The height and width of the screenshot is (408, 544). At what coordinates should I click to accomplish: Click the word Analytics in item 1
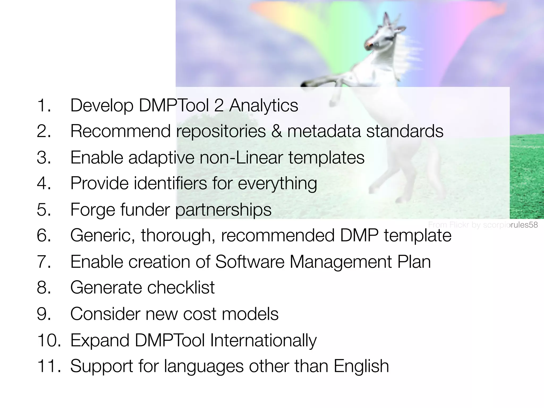(263, 105)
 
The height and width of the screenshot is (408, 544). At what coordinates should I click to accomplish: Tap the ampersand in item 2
(277, 131)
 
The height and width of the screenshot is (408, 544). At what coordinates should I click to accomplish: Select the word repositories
(221, 131)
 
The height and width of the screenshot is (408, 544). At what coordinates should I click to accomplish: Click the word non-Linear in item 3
(241, 157)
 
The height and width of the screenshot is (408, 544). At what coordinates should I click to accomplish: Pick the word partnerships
(223, 210)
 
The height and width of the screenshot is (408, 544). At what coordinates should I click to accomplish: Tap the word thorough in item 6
(178, 236)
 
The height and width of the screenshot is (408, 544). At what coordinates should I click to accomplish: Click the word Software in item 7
(250, 262)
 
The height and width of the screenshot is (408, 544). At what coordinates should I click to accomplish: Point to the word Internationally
(263, 340)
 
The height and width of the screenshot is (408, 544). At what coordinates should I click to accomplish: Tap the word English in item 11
(361, 366)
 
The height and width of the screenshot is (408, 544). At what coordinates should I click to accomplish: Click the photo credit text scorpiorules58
(510, 225)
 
